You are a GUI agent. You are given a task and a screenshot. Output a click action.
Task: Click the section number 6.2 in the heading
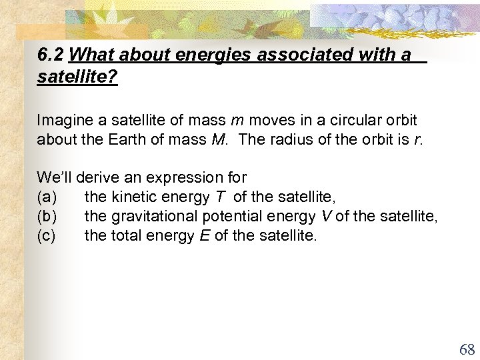pos(51,55)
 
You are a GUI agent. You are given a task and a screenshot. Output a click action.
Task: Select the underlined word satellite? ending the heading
pos(77,77)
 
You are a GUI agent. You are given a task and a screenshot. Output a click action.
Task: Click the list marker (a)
pos(47,197)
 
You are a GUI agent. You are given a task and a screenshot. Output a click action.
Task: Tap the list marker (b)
pos(47,216)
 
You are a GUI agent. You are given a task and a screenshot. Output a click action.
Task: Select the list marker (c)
pos(47,235)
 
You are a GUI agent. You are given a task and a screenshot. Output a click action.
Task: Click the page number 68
pos(466,349)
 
